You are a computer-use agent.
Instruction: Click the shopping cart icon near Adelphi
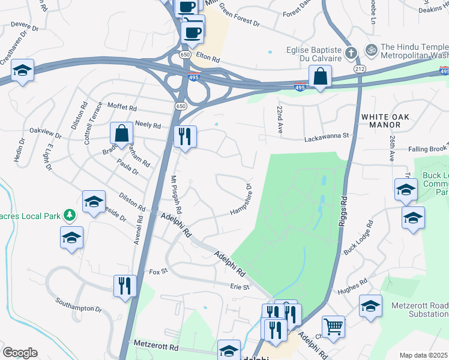pos(333,326)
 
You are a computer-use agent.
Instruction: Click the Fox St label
pos(157,272)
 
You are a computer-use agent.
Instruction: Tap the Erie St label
pos(240,287)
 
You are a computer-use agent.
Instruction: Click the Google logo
pos(20,353)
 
